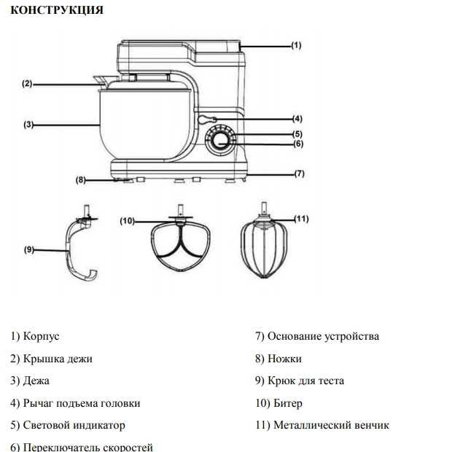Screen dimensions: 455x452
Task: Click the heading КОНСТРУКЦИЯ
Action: [57, 10]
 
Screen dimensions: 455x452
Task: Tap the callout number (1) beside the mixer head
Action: [296, 45]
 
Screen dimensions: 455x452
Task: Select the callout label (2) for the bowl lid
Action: [27, 84]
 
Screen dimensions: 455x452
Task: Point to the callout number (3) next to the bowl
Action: [28, 125]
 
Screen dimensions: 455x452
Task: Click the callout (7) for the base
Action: [300, 174]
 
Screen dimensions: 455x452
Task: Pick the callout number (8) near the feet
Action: [81, 180]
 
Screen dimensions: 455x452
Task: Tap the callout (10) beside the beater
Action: [128, 221]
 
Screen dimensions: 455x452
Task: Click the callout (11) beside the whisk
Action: [301, 219]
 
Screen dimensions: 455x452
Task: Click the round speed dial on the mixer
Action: [220, 141]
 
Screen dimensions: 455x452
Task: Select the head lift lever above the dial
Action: [206, 119]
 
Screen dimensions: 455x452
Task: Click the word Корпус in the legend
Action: [42, 337]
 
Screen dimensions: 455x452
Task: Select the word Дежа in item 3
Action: [36, 381]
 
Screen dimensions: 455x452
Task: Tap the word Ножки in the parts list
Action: [284, 359]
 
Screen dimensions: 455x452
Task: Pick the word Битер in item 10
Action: [288, 403]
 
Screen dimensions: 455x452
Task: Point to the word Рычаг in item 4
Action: [38, 403]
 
